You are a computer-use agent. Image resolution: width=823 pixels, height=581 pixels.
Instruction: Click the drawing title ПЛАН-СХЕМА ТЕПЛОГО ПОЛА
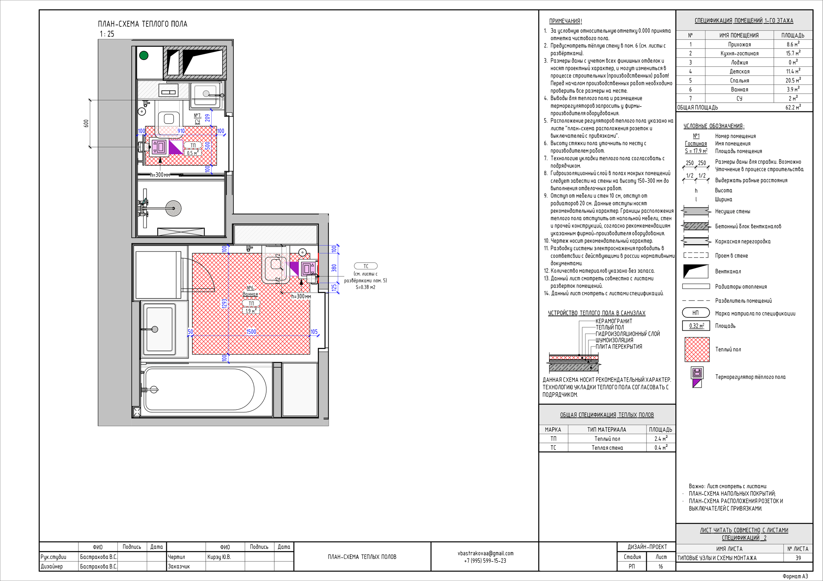click(143, 24)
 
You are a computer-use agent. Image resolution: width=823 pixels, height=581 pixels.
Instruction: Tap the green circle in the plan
click(144, 56)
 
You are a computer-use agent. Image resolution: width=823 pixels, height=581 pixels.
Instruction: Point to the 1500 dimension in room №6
click(251, 332)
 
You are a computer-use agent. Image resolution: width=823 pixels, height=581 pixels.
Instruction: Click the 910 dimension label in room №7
click(181, 131)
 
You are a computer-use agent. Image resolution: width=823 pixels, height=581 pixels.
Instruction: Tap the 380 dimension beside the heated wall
click(334, 268)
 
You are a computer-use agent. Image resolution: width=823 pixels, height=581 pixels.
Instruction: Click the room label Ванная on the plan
click(250, 294)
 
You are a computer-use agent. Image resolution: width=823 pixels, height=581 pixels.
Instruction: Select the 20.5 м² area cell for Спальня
click(793, 80)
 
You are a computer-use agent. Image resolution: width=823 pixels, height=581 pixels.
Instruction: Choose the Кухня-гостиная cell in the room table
click(739, 53)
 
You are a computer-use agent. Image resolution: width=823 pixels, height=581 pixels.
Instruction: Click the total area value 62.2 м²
click(793, 107)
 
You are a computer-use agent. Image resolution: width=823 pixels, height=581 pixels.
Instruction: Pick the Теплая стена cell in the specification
click(607, 447)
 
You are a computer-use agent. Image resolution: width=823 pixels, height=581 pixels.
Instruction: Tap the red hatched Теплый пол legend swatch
click(697, 349)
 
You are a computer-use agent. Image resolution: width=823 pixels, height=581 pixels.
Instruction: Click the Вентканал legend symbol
click(696, 271)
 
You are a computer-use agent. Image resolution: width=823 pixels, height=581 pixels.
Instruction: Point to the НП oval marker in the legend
click(696, 313)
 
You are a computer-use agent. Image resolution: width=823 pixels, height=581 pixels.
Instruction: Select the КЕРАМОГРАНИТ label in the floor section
click(614, 321)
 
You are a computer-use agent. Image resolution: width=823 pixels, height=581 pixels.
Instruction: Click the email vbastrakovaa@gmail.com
click(485, 553)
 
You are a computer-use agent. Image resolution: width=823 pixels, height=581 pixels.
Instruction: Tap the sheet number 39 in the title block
click(798, 558)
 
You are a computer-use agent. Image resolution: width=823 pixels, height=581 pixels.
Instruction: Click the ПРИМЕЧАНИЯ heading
click(565, 21)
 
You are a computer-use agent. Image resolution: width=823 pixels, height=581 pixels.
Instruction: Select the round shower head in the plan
click(174, 208)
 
